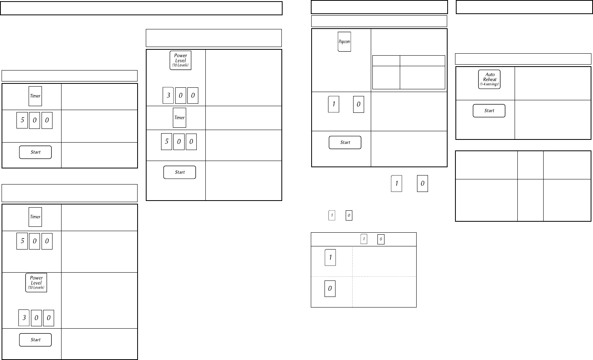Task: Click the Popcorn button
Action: (344, 42)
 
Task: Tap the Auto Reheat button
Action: (489, 79)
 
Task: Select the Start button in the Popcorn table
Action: (345, 142)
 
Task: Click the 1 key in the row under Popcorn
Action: (334, 104)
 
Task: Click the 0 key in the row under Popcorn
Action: (358, 105)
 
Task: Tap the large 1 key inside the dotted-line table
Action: (330, 257)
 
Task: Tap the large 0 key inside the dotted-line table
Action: (330, 289)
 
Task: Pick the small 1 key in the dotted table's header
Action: (364, 239)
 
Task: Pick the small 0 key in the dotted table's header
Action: (381, 239)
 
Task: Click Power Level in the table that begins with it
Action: (180, 60)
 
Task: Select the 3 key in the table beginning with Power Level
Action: (168, 96)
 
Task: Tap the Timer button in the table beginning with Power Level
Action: (180, 118)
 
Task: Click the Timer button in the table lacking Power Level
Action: (35, 96)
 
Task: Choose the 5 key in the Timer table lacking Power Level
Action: (22, 120)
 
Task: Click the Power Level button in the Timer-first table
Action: (36, 282)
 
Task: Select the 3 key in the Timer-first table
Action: (24, 318)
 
